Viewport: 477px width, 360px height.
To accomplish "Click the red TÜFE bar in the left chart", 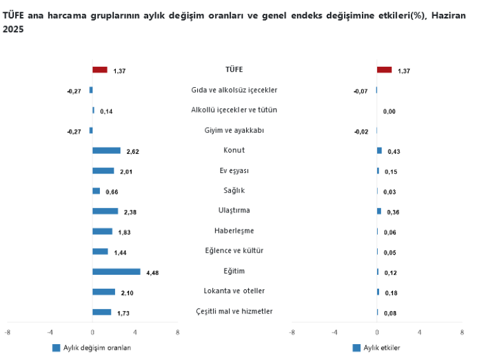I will click(100, 70).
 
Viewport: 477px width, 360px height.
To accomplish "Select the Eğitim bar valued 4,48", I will click(116, 272).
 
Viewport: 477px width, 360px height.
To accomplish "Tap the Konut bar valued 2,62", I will click(106, 151).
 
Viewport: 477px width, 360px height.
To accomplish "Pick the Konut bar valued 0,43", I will click(379, 151).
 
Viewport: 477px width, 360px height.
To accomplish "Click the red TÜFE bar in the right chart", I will click(384, 70).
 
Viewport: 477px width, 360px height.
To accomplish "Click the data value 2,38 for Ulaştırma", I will click(130, 212).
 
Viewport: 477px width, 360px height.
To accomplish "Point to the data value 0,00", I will click(389, 111).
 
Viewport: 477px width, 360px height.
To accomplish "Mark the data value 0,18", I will click(391, 293).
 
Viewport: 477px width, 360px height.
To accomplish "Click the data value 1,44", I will click(120, 253).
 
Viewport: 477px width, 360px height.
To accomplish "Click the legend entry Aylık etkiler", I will click(381, 347).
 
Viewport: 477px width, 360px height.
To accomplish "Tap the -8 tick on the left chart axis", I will click(8, 332).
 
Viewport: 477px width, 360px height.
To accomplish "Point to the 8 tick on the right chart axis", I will click(462, 332).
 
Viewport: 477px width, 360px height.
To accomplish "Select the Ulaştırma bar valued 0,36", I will click(379, 211).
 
